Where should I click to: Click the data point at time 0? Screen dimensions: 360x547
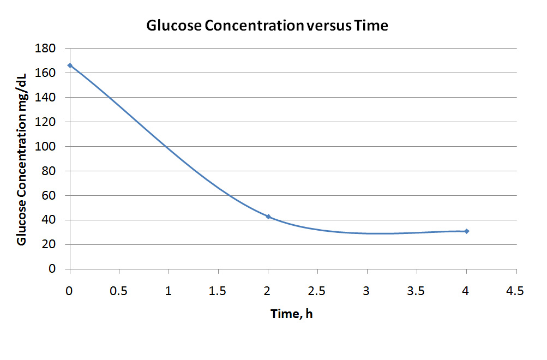pos(70,65)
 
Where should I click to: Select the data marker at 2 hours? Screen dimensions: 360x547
pos(268,217)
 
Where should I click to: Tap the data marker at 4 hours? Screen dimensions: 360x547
pos(467,231)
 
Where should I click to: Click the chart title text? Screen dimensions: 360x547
pos(267,26)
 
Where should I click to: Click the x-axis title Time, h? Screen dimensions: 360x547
pos(292,314)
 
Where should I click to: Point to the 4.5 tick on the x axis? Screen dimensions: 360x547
pos(516,291)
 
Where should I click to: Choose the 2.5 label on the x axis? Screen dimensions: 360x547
pos(317,291)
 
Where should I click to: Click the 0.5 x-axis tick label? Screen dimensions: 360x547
pos(119,291)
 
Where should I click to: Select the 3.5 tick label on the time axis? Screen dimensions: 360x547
pos(417,291)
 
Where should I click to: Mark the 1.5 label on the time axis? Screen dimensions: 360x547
pos(218,291)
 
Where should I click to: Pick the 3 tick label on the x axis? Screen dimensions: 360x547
pos(367,291)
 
